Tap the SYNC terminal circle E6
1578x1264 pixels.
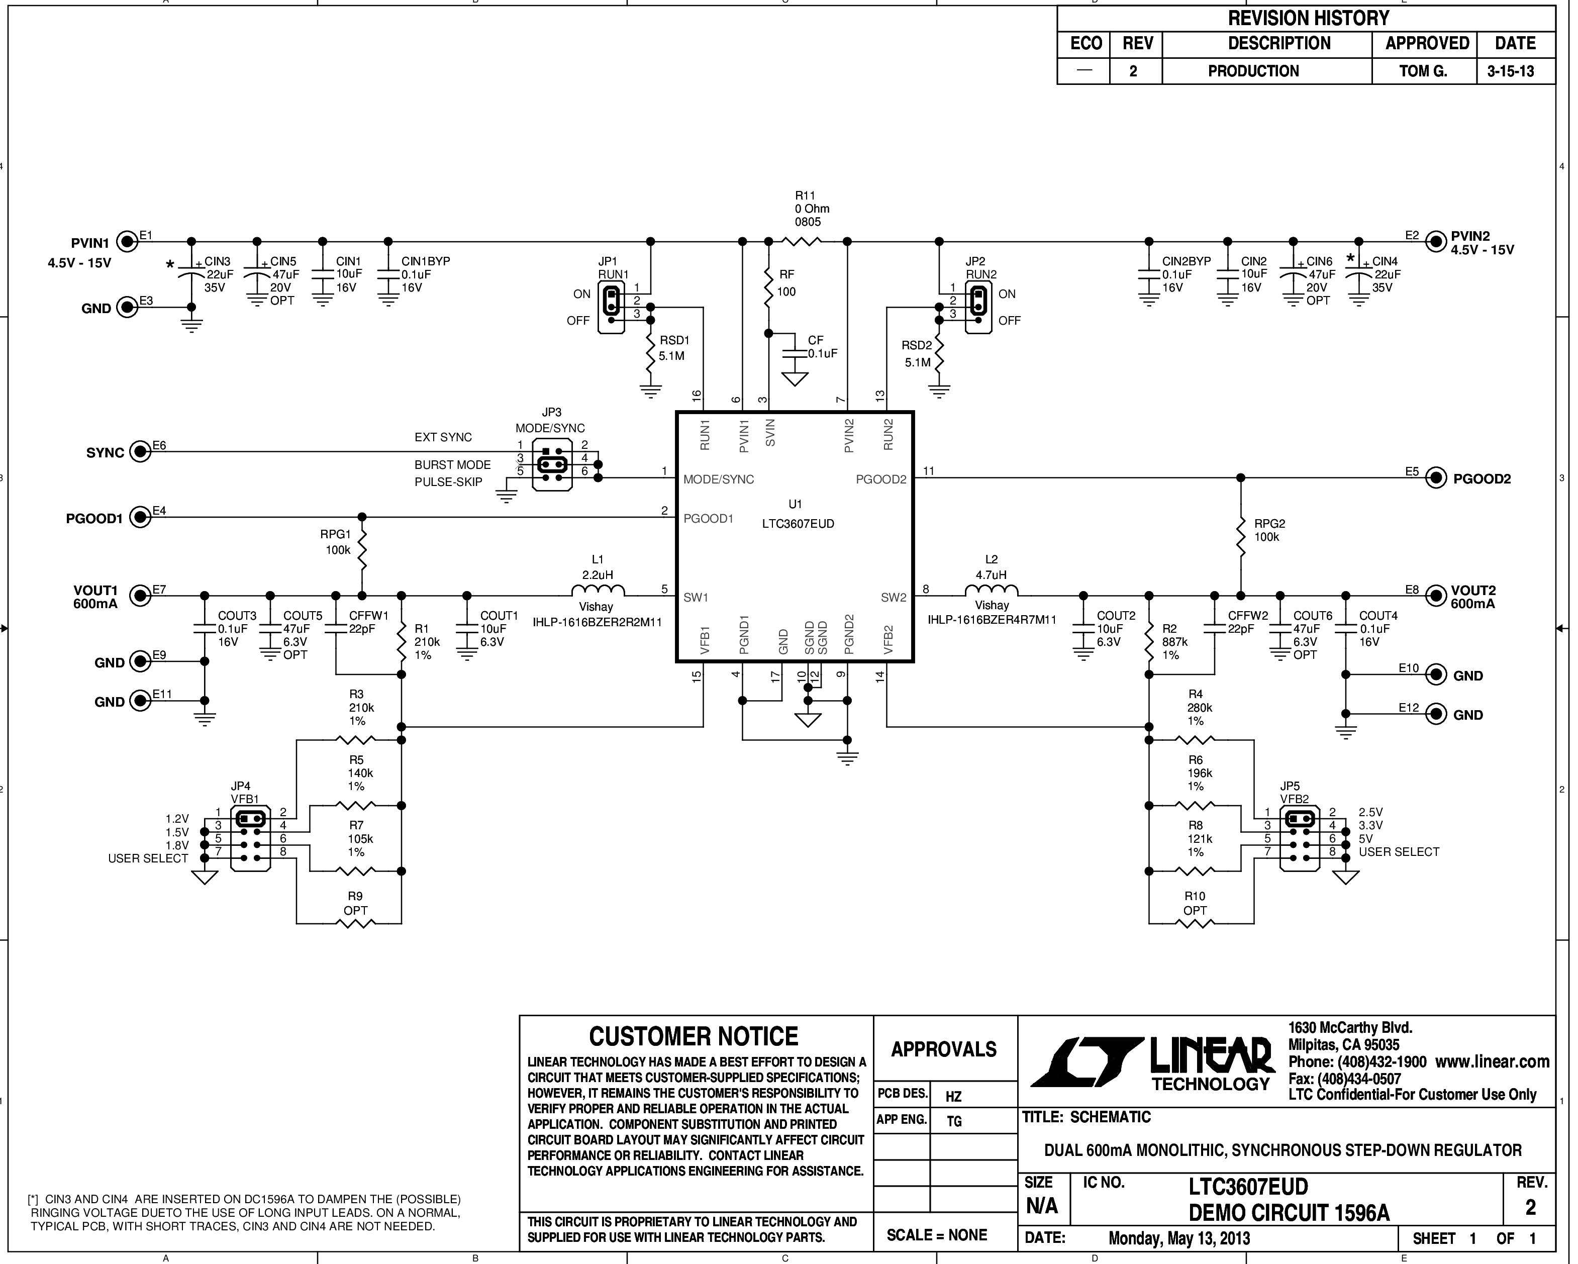(140, 452)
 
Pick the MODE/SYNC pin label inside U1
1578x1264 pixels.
(718, 479)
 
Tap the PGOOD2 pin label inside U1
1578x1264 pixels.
(881, 479)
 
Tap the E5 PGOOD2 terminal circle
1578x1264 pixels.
(1437, 478)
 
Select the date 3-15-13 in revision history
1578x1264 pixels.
(1510, 71)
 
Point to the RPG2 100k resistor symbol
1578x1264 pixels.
(1241, 537)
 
